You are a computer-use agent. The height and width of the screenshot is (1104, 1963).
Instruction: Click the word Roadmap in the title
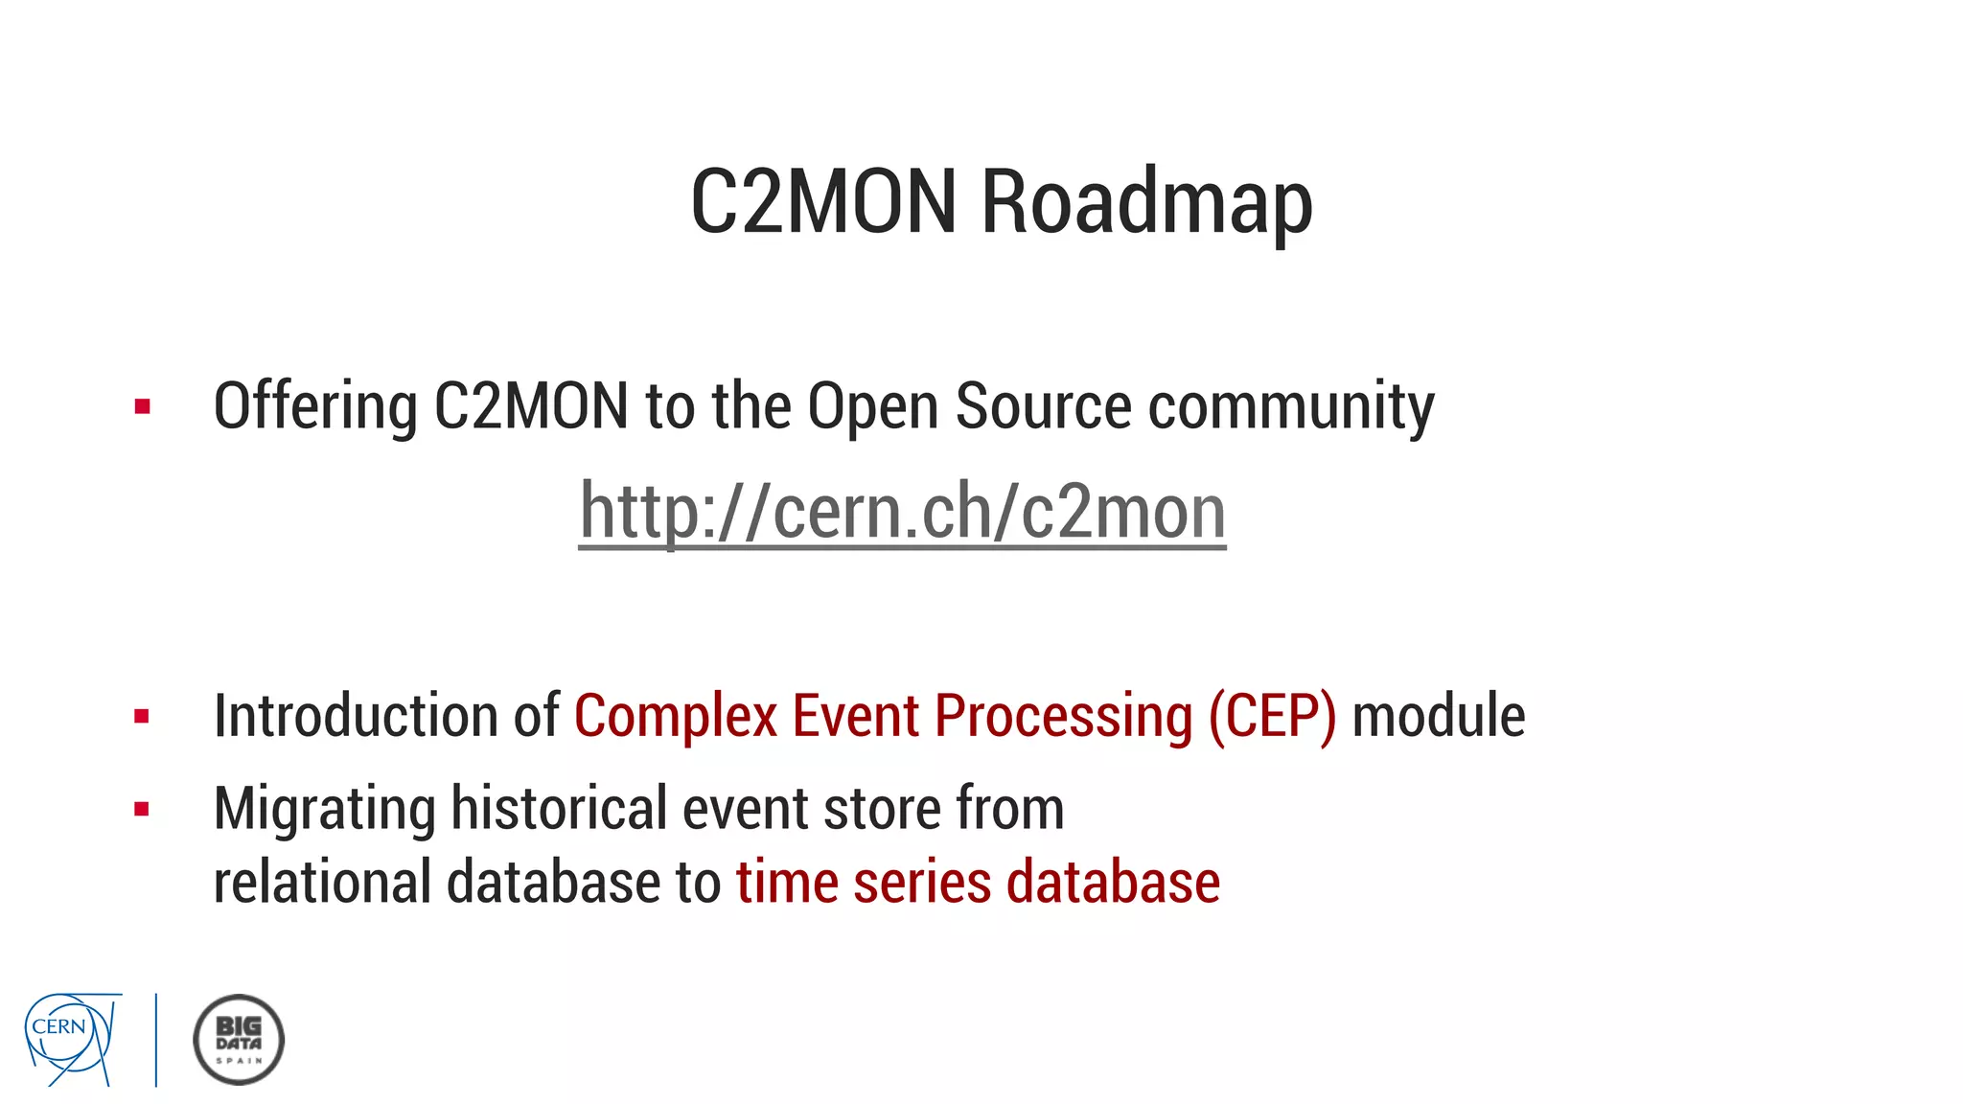pyautogui.click(x=1146, y=202)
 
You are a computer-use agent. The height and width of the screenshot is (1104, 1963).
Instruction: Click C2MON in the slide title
pyautogui.click(x=823, y=202)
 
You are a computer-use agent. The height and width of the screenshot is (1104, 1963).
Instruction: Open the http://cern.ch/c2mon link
pyautogui.click(x=902, y=512)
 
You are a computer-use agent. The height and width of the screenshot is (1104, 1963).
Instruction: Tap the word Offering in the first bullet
pyautogui.click(x=315, y=407)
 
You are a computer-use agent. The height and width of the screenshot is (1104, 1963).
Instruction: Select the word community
pyautogui.click(x=1291, y=407)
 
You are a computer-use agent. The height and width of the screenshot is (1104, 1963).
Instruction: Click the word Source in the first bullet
pyautogui.click(x=1044, y=407)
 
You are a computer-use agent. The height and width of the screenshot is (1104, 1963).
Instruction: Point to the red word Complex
pyautogui.click(x=676, y=716)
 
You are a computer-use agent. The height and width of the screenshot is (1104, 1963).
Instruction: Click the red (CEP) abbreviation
pyautogui.click(x=1272, y=716)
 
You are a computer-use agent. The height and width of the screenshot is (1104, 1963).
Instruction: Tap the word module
pyautogui.click(x=1438, y=716)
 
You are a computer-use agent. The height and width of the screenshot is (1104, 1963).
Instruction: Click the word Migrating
pyautogui.click(x=324, y=809)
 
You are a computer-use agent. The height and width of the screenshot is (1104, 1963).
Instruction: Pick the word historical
pyautogui.click(x=559, y=809)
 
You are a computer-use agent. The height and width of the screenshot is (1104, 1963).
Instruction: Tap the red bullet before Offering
pyautogui.click(x=143, y=406)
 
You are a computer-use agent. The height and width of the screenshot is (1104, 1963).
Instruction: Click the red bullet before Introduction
pyautogui.click(x=143, y=716)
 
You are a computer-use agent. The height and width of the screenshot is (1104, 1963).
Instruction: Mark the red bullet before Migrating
pyautogui.click(x=143, y=810)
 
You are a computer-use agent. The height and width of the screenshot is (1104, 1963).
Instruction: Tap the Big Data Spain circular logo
pyautogui.click(x=239, y=1040)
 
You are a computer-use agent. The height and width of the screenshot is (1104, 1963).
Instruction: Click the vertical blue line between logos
pyautogui.click(x=156, y=1040)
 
